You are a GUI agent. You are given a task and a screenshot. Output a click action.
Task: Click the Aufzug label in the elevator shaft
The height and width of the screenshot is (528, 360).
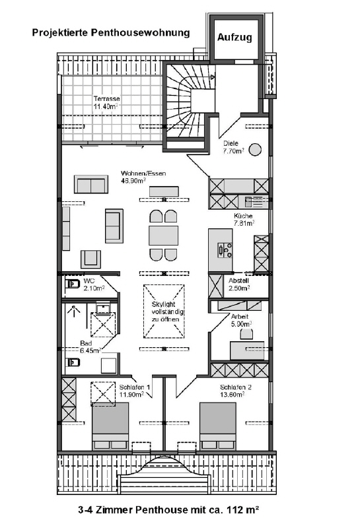[234, 37]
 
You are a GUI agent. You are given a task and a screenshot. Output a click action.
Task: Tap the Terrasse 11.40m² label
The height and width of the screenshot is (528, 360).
[106, 102]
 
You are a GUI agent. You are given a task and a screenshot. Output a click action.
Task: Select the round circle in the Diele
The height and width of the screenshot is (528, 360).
[255, 149]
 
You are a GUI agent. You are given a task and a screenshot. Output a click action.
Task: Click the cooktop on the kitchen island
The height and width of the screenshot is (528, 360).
[225, 250]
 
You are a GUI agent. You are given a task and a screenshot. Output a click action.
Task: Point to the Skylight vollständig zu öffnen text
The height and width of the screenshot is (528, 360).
[164, 312]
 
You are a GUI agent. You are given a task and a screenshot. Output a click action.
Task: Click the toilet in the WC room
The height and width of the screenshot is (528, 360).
[72, 284]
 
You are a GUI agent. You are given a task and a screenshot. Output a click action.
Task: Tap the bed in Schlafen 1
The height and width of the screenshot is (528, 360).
[110, 426]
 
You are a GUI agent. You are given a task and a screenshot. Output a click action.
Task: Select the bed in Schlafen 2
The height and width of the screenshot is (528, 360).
[217, 426]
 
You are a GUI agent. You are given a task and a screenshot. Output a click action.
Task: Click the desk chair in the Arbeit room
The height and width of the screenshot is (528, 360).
[246, 334]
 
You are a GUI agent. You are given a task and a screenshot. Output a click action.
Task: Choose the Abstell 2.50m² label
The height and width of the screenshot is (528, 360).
[239, 284]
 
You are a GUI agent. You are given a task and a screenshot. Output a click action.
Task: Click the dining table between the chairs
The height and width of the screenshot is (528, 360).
[163, 236]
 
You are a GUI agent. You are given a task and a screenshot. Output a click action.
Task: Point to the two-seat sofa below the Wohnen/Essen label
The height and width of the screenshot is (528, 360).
[91, 184]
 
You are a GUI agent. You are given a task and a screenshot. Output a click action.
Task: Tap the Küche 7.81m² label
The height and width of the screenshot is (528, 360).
[244, 219]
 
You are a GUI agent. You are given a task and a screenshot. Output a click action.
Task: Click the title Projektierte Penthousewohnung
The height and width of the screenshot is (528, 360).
[111, 32]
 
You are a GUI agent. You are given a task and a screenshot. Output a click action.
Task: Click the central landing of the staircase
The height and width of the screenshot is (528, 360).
[203, 101]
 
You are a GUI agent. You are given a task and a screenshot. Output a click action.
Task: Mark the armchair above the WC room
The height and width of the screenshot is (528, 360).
[90, 259]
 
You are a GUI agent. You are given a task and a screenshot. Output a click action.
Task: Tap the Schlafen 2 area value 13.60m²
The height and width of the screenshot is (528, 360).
[233, 394]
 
